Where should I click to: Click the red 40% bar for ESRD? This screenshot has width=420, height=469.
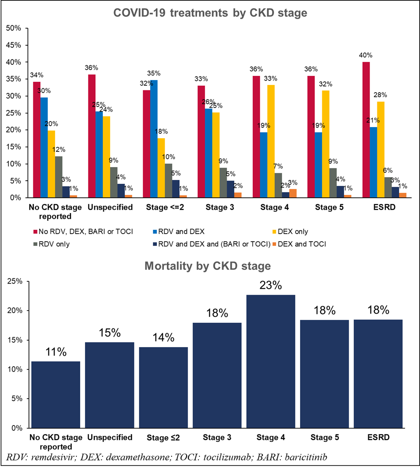pos(366,130)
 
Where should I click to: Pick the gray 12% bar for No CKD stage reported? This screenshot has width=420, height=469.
pos(58,177)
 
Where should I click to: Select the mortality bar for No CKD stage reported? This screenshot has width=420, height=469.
pos(55,394)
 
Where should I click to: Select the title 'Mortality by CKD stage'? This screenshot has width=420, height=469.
pos(208,266)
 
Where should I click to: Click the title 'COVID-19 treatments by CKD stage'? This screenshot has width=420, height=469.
pos(210,13)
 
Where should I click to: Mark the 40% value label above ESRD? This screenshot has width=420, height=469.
pos(366,55)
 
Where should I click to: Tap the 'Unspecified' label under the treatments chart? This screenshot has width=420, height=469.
pos(110,208)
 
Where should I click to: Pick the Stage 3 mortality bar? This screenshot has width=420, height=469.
pos(217,375)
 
